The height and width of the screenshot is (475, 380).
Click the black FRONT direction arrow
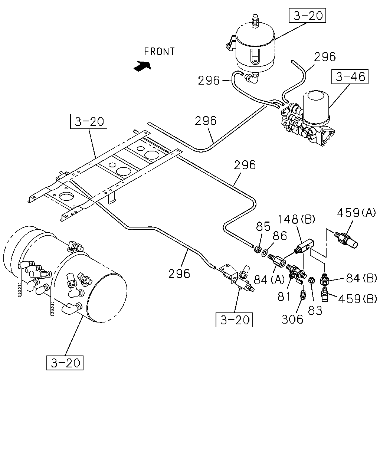(x=142, y=66)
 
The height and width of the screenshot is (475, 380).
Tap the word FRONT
(x=159, y=52)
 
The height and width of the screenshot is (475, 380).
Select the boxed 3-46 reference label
(x=350, y=76)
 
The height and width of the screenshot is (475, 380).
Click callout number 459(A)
(x=356, y=213)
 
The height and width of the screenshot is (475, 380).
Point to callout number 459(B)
(x=357, y=299)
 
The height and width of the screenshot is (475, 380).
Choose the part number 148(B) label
(x=296, y=219)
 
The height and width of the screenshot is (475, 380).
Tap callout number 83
(x=315, y=310)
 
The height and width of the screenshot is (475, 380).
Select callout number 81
(x=284, y=297)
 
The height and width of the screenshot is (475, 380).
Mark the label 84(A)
(x=269, y=280)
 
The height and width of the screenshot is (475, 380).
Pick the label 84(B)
(x=361, y=278)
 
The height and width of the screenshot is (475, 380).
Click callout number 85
(x=263, y=226)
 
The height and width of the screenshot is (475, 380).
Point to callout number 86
(x=280, y=236)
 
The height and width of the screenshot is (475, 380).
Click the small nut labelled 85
(x=258, y=249)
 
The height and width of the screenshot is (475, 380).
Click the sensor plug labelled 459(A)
(x=346, y=240)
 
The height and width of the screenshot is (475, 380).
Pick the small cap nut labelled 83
(x=311, y=280)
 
